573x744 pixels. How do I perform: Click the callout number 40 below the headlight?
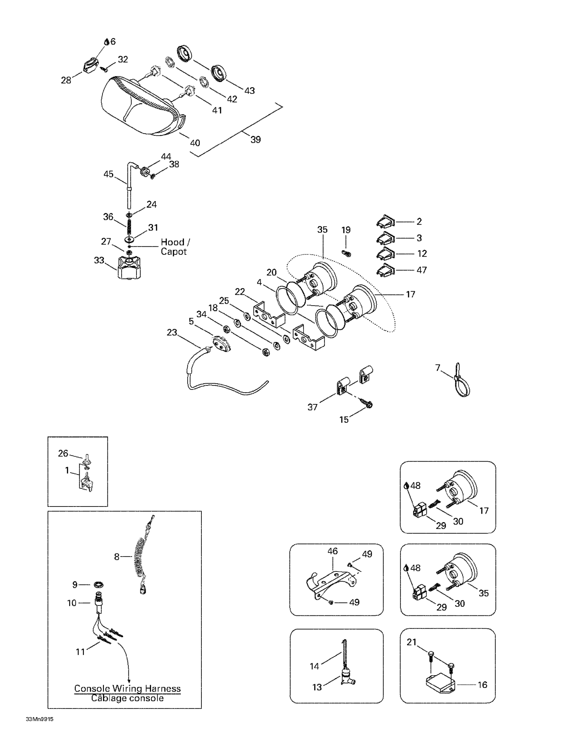(x=195, y=143)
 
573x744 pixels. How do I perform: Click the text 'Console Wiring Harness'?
(x=127, y=688)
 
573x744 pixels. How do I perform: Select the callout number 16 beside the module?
(x=483, y=685)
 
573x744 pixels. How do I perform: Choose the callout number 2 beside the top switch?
(x=419, y=222)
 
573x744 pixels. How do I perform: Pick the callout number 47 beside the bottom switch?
(x=422, y=270)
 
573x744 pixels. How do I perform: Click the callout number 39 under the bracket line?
(x=255, y=140)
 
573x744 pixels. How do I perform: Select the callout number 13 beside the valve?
(x=317, y=687)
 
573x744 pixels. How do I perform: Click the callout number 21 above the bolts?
(x=412, y=642)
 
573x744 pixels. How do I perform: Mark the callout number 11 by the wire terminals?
(x=80, y=652)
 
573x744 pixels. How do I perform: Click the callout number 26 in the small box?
(x=63, y=453)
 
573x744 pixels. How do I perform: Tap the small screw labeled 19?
(x=346, y=253)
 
